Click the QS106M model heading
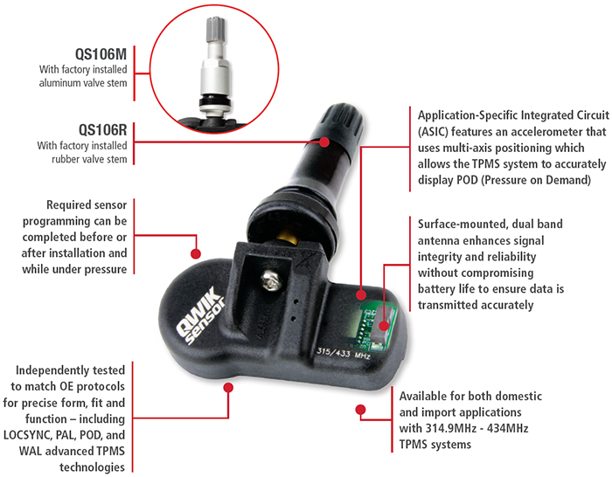[101, 54]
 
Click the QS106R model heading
[102, 130]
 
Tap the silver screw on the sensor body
[271, 280]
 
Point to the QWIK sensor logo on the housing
[200, 315]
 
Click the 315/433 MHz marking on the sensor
[344, 353]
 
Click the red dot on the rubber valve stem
[324, 142]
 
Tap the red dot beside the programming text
[196, 254]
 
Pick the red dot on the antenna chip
[384, 326]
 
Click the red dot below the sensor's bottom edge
[228, 387]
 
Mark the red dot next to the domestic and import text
[360, 410]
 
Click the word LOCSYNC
[27, 435]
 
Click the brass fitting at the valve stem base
[287, 234]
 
